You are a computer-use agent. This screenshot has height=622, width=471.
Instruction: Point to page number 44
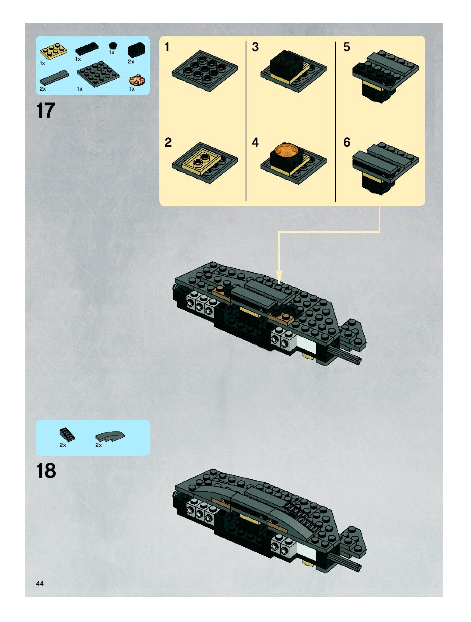pyautogui.click(x=40, y=583)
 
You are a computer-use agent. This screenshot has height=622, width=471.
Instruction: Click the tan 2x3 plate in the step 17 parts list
pyautogui.click(x=54, y=51)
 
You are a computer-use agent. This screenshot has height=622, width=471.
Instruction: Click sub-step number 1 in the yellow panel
pyautogui.click(x=167, y=47)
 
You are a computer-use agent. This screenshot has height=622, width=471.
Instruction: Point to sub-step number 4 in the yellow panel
pyautogui.click(x=255, y=142)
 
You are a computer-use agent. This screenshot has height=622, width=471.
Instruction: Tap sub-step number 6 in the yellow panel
pyautogui.click(x=347, y=142)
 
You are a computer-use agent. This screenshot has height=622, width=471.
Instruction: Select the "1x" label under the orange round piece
pyautogui.click(x=132, y=89)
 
